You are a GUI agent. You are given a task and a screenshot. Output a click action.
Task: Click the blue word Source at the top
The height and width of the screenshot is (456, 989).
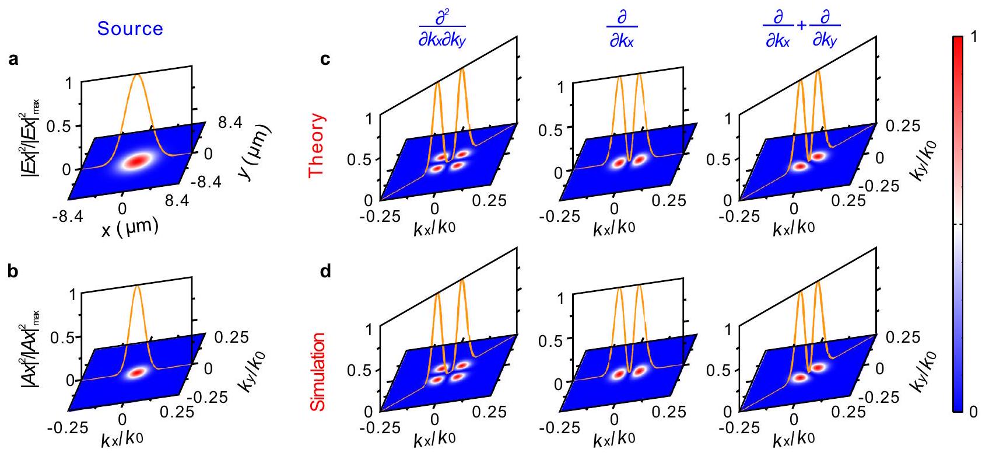coord(130,29)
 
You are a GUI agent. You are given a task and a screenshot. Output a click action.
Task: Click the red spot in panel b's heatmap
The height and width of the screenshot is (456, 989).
coord(137,373)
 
